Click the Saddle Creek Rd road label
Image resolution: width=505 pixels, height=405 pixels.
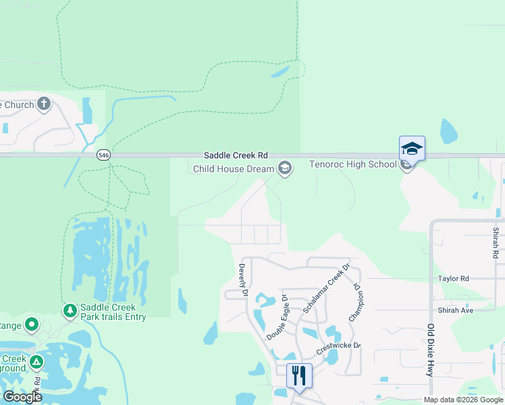(x=236, y=155)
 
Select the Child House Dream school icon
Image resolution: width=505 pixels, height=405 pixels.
(x=285, y=168)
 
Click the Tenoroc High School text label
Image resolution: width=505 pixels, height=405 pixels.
(x=352, y=164)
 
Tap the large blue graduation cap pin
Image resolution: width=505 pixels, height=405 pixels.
(x=412, y=148)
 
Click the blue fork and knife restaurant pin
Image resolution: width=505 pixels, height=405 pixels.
(x=299, y=375)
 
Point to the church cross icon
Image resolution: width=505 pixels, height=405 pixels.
(x=44, y=104)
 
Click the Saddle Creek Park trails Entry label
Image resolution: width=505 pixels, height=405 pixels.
(x=113, y=312)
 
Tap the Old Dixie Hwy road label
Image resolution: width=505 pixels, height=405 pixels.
(x=430, y=351)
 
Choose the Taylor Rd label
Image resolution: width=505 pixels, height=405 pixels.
(x=453, y=278)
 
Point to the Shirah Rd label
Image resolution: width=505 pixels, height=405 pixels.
(x=496, y=243)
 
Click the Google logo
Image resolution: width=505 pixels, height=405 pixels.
(x=22, y=397)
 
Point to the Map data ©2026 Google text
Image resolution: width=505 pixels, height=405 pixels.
(x=463, y=400)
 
